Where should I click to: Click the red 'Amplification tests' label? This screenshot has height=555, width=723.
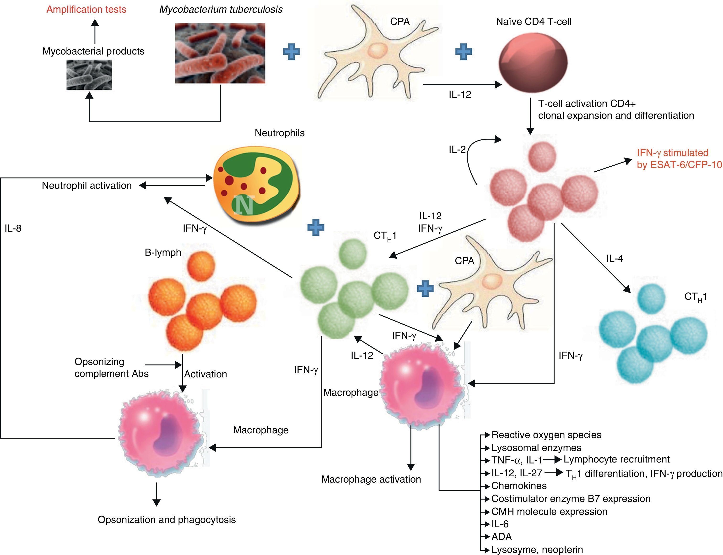[86, 9]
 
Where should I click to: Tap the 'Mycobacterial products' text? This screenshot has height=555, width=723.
[93, 51]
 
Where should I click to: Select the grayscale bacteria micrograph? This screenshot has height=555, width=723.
[89, 75]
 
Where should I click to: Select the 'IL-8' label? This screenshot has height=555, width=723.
[13, 228]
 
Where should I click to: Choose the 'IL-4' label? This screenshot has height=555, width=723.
[615, 258]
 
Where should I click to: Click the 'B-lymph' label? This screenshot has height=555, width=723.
[163, 252]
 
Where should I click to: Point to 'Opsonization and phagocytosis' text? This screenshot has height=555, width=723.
[167, 520]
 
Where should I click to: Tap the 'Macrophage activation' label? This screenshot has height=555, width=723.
[371, 479]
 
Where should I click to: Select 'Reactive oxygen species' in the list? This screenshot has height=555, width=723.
[546, 435]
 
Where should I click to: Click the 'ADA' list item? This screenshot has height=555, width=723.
[502, 537]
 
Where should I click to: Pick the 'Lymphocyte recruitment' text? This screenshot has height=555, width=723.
[617, 459]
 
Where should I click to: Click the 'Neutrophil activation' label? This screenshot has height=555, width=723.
[87, 186]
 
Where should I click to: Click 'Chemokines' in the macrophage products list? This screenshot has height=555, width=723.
[519, 486]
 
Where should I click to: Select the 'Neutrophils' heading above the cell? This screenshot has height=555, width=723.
[280, 133]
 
